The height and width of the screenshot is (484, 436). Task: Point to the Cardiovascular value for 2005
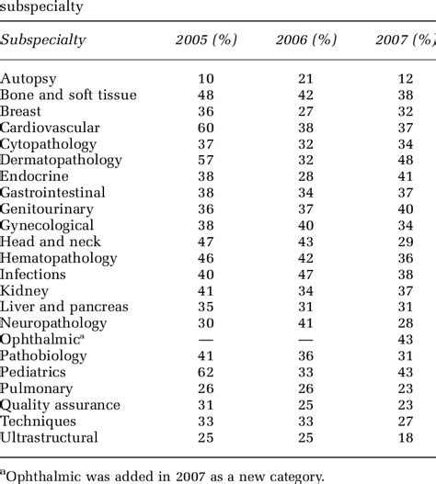click(x=206, y=127)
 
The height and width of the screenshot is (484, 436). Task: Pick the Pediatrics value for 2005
click(x=206, y=372)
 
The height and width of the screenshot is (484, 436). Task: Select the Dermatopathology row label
click(x=60, y=160)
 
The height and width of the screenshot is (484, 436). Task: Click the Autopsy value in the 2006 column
click(x=305, y=78)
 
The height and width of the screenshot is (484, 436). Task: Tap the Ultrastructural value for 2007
click(x=406, y=437)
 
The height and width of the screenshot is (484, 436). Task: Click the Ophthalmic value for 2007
click(x=406, y=340)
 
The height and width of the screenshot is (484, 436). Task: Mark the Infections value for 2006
click(x=305, y=274)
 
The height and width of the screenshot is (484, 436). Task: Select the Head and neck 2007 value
click(x=406, y=242)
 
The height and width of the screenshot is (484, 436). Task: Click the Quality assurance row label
click(x=61, y=405)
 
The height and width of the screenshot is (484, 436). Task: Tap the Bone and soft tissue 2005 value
click(x=206, y=95)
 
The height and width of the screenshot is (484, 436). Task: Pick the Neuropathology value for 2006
click(x=305, y=323)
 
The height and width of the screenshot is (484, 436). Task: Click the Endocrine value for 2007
click(x=406, y=176)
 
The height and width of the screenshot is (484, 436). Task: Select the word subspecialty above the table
click(x=40, y=7)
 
